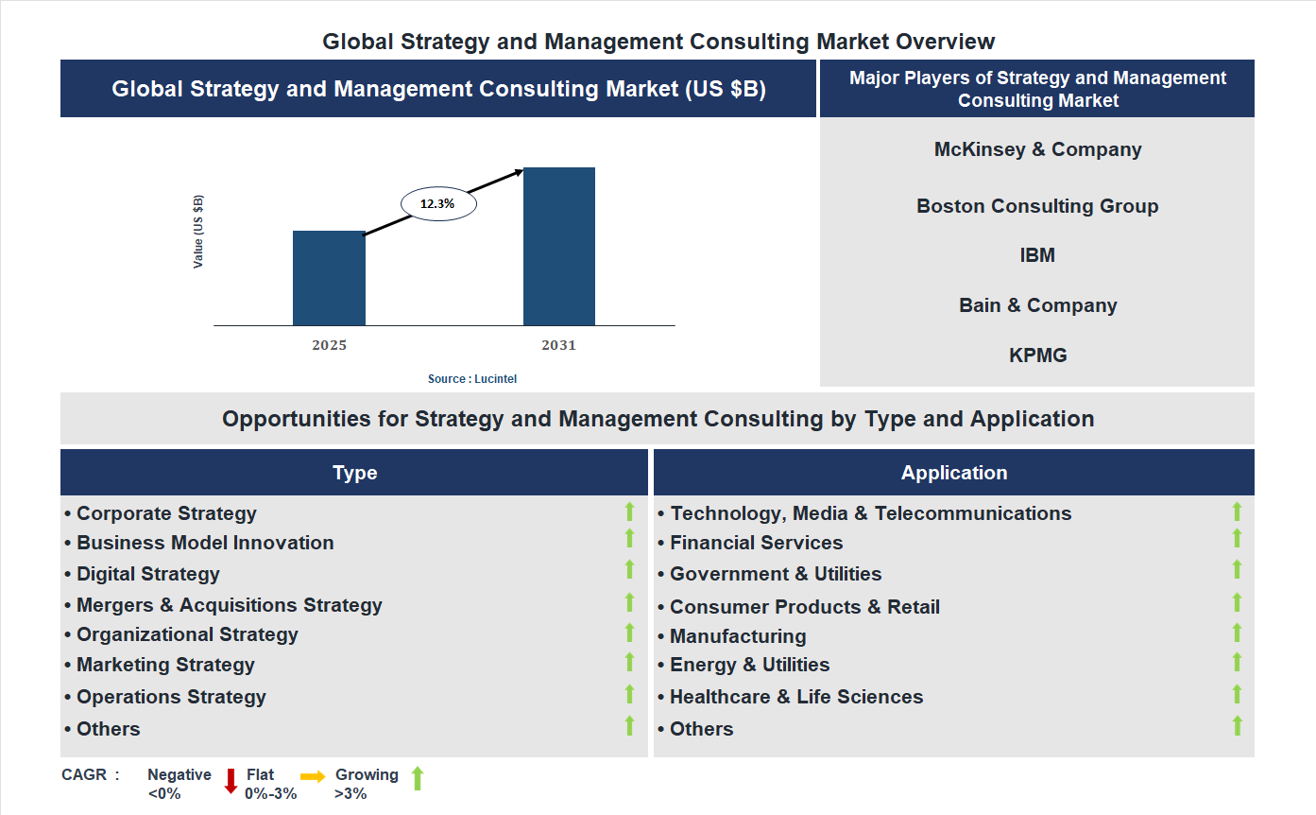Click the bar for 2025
click(329, 278)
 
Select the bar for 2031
click(559, 247)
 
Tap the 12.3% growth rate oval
click(438, 203)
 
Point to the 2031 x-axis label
click(558, 345)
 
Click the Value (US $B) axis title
click(198, 232)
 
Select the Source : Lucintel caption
click(472, 379)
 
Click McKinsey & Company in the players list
click(1037, 149)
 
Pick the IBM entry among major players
click(1037, 255)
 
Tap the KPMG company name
click(1037, 355)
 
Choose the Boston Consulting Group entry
click(1037, 206)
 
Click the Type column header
click(354, 473)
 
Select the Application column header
click(954, 473)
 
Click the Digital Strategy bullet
click(147, 574)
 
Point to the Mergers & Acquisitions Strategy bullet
click(229, 605)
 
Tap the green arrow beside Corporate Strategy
click(629, 512)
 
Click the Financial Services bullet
click(756, 543)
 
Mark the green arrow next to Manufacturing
click(1237, 633)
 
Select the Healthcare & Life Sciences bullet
click(795, 697)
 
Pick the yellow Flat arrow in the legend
click(313, 775)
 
